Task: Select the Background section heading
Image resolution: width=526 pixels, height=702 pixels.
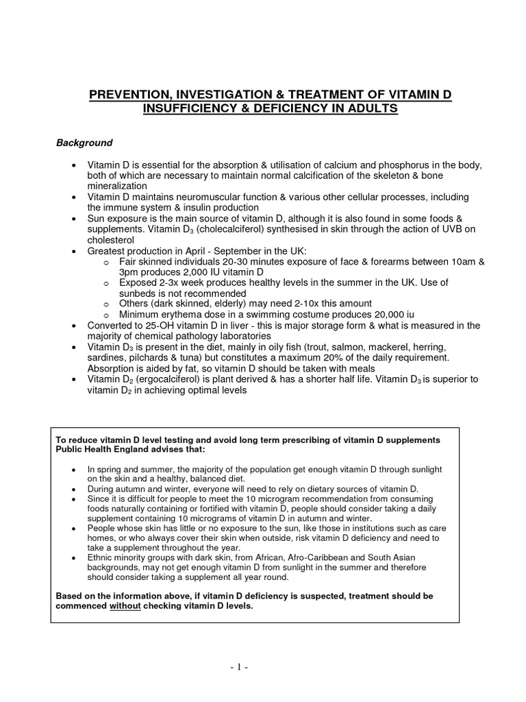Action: (84, 143)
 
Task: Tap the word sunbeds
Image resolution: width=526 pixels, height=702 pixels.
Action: (137, 293)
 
